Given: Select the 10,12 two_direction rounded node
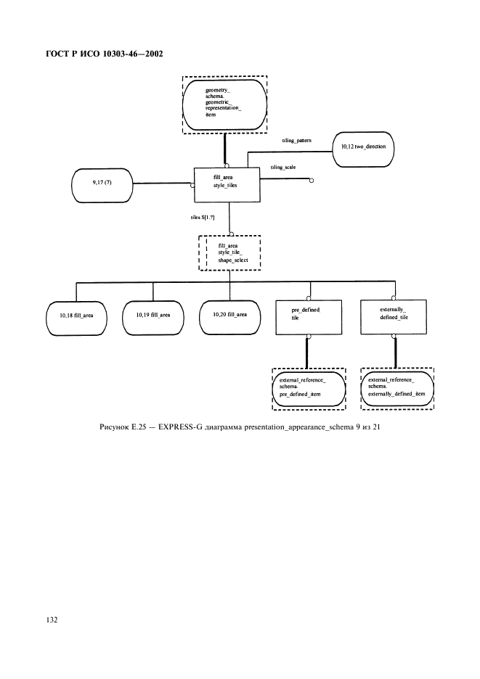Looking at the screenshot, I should (x=363, y=147).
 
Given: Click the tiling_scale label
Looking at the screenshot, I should (x=282, y=167).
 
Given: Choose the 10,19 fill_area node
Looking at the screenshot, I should (x=153, y=316).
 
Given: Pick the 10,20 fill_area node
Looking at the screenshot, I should (x=229, y=315).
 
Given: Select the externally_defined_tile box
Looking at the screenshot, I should (x=394, y=314).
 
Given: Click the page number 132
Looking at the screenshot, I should (x=52, y=620).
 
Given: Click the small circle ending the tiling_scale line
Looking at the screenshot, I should (x=312, y=180).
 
